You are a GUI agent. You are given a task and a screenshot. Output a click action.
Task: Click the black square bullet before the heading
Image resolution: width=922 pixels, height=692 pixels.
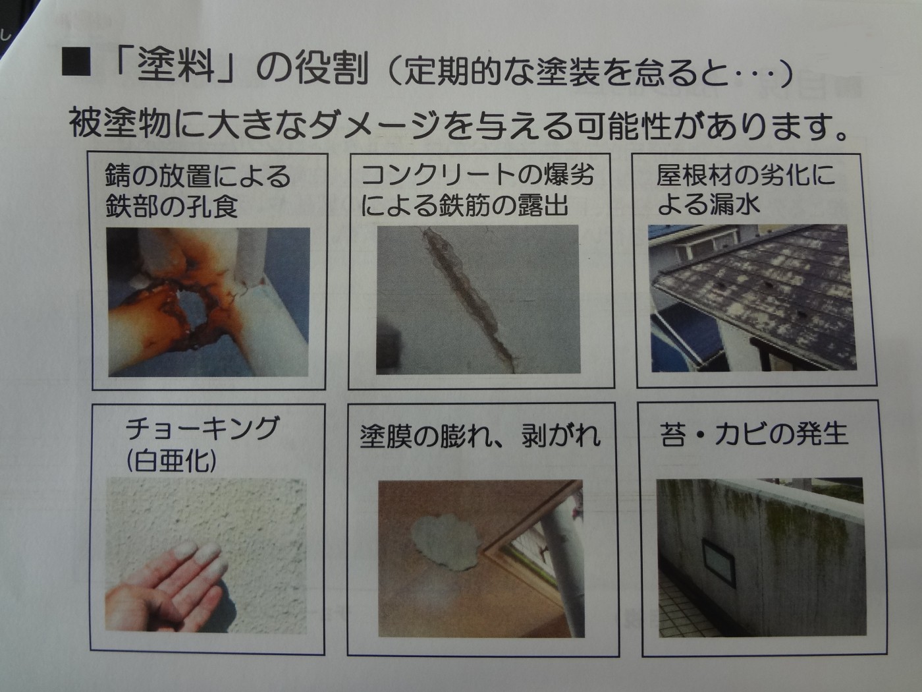pyautogui.click(x=76, y=62)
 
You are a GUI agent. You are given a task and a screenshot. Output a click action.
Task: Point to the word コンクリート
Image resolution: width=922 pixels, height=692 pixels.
pyautogui.click(x=437, y=174)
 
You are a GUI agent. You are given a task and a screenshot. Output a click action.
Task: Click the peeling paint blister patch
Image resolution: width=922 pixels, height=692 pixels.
pyautogui.click(x=445, y=542)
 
